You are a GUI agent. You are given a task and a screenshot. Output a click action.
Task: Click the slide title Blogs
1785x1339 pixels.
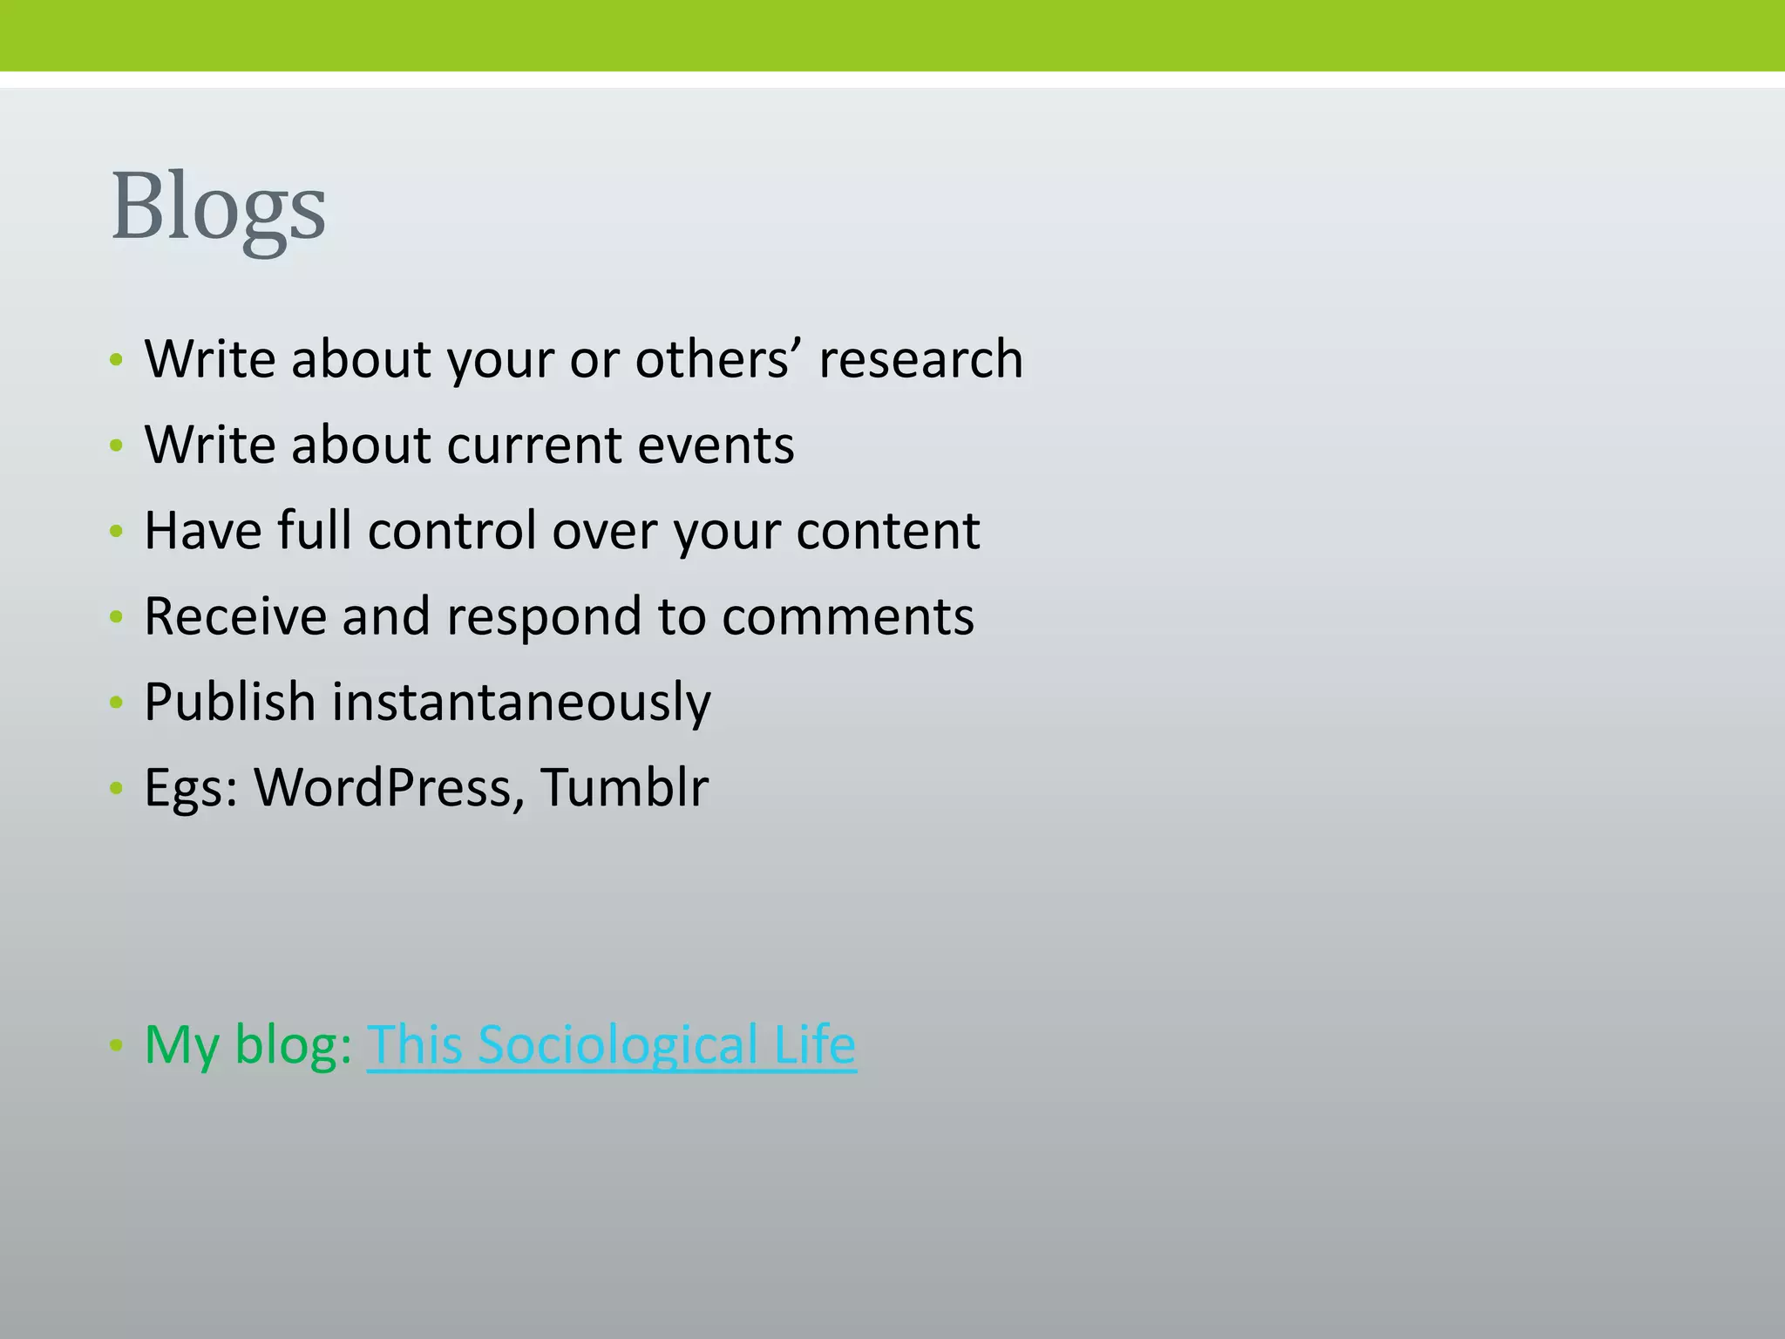(218, 207)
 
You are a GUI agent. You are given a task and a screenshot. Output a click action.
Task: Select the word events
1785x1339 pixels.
(716, 445)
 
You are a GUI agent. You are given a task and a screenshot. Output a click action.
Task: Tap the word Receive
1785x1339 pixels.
(234, 616)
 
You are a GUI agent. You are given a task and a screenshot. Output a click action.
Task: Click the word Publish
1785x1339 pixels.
(229, 702)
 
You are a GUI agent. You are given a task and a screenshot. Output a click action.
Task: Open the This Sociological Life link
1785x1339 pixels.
(611, 1044)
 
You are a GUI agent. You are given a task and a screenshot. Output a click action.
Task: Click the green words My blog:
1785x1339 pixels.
(248, 1044)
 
